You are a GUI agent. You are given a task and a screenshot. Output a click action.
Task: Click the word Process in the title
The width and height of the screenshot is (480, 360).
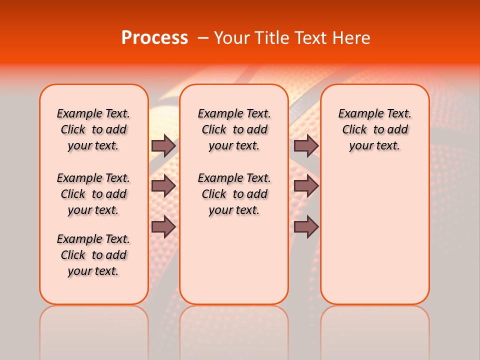tap(154, 38)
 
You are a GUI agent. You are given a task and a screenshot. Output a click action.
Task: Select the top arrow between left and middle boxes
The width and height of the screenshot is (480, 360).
tap(163, 145)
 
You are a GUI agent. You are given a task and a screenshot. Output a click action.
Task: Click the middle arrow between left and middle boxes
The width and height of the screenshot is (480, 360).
tap(163, 186)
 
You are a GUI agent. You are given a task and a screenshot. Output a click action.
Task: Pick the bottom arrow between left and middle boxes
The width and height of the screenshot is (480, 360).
tap(163, 226)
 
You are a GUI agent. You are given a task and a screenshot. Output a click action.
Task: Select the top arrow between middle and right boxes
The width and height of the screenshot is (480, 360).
tap(306, 145)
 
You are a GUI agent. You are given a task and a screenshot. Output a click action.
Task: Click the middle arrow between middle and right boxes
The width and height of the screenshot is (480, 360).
tap(306, 186)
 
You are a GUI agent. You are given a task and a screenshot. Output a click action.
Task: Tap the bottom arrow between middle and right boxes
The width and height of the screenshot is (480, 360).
tap(306, 226)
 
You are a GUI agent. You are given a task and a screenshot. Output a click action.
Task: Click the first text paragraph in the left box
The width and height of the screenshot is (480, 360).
tap(93, 129)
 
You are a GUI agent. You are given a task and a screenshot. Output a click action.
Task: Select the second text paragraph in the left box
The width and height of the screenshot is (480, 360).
tap(93, 194)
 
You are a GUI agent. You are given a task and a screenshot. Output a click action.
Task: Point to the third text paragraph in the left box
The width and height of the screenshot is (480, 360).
tap(93, 255)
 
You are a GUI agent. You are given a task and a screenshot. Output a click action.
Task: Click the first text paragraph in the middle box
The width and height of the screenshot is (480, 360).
tap(234, 129)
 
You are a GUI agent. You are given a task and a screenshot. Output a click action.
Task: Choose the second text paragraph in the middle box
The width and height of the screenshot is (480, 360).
tap(234, 194)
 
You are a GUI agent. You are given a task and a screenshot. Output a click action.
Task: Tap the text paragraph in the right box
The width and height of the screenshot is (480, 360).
tap(374, 129)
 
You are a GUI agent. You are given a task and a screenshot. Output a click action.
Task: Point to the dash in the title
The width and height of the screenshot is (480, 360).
tap(203, 38)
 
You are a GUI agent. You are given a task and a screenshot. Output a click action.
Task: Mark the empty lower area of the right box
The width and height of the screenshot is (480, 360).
tap(374, 235)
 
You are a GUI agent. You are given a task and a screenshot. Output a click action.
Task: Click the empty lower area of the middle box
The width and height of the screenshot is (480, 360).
tap(234, 260)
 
